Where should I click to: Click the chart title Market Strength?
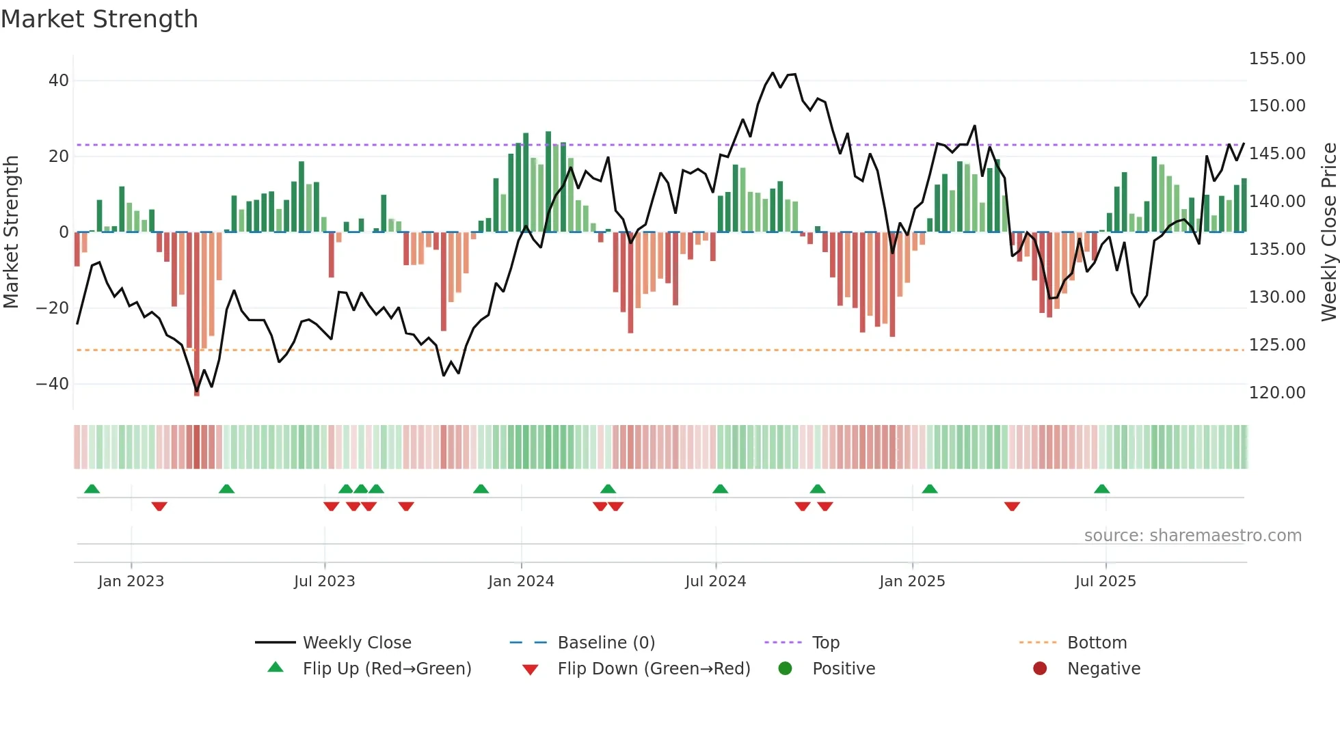[99, 19]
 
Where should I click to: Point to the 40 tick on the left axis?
[59, 81]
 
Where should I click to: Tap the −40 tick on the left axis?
[53, 384]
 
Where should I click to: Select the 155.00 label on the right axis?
[1276, 59]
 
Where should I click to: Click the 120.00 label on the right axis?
[1276, 393]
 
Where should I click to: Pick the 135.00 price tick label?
[1276, 249]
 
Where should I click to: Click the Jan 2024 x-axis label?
[521, 581]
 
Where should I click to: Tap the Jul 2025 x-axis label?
[1105, 581]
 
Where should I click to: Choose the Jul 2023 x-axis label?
[324, 581]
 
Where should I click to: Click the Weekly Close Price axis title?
[1328, 232]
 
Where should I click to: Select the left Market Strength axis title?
[11, 232]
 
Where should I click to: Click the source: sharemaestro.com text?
[1192, 536]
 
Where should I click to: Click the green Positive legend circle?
[785, 669]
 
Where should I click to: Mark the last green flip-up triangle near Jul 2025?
[1101, 489]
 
